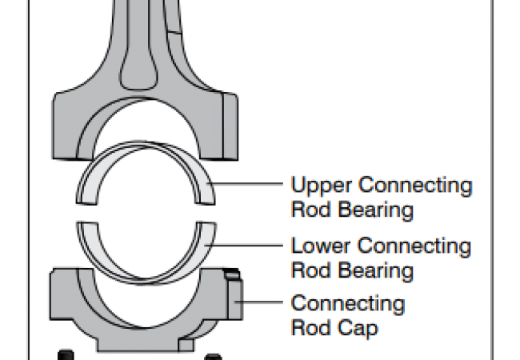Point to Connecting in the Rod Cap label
coord(348,305)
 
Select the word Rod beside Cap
coord(306,328)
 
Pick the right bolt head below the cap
coord(213,354)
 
